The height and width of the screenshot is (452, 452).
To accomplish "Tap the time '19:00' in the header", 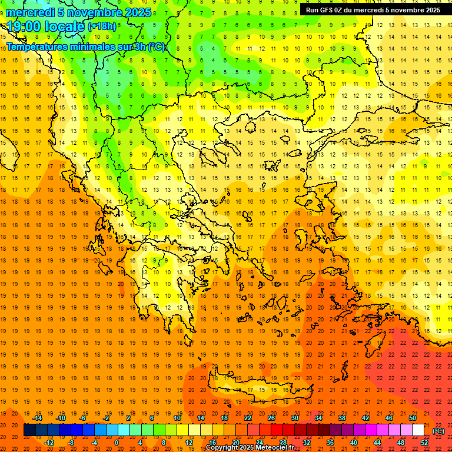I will pos(26,26).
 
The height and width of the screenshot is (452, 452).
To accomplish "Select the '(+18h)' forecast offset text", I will pos(102,26).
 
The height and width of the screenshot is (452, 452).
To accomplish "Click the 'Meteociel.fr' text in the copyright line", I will pos(274,447).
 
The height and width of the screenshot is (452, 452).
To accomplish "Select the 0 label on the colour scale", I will pos(117,443).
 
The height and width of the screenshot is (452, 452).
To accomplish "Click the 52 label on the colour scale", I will pos(424,443).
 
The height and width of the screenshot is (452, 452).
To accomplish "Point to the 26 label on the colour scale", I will pos(271,417).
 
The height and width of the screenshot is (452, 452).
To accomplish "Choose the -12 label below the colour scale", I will pos(49,443).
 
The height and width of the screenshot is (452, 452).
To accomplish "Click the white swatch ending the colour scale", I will pos(418,430).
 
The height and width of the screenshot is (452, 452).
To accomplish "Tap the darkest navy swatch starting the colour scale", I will pos(29,430).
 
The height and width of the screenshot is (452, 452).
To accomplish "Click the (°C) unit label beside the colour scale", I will pos(438,431).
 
